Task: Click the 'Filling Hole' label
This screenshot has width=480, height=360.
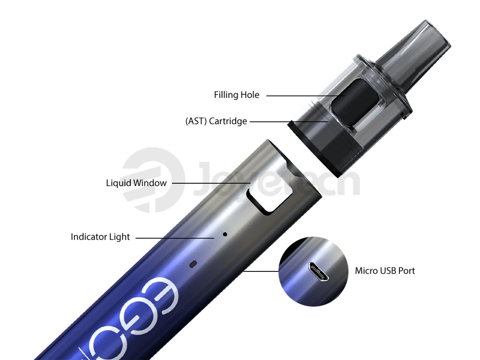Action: pyautogui.click(x=236, y=95)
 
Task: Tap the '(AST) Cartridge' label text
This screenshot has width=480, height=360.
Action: pyautogui.click(x=216, y=121)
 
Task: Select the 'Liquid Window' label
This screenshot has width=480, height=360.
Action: pyautogui.click(x=136, y=183)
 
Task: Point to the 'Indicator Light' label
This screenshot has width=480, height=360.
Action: pyautogui.click(x=100, y=237)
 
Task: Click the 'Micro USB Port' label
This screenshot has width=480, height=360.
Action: pyautogui.click(x=384, y=270)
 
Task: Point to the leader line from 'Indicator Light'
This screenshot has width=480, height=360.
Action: pyautogui.click(x=176, y=238)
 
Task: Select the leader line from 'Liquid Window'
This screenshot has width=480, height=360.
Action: pyautogui.click(x=211, y=183)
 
